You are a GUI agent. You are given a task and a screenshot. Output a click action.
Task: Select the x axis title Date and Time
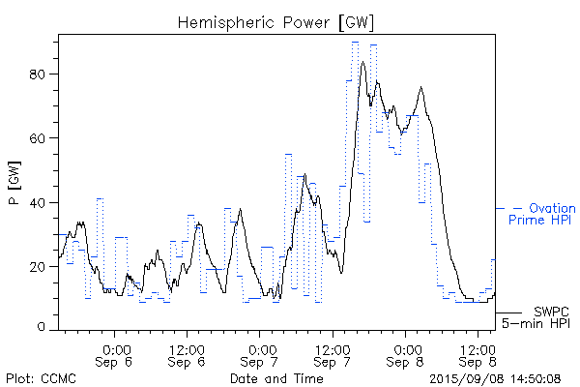point(276,377)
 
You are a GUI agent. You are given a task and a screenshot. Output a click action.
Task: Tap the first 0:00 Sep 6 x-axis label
point(115,354)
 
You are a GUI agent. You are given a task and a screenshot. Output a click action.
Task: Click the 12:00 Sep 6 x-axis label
point(187,354)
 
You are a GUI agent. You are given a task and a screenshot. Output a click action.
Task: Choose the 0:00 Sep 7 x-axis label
point(260,354)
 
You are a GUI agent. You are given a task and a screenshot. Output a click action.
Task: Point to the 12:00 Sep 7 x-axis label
point(333,354)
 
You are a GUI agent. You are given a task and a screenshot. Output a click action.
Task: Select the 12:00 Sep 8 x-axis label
point(478,354)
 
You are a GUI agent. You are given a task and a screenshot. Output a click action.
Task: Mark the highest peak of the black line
point(362,62)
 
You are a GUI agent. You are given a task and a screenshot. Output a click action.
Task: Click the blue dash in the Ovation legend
point(502,208)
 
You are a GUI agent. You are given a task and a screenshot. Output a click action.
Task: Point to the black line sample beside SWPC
point(508,313)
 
